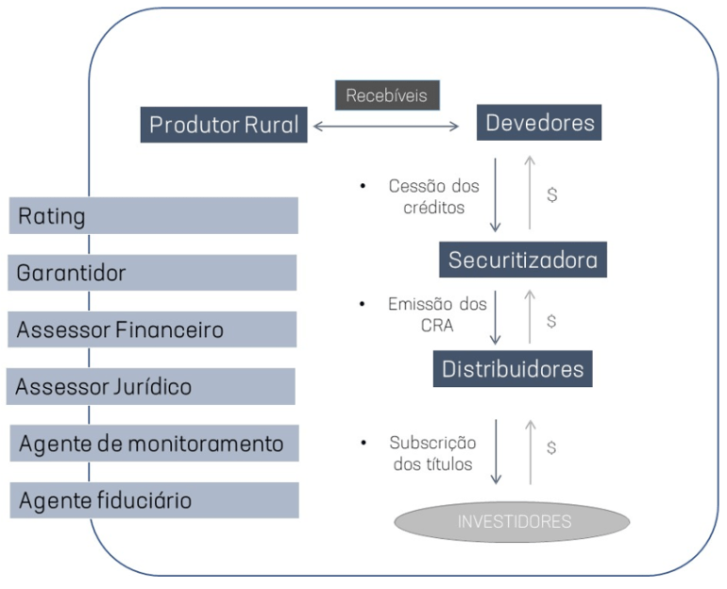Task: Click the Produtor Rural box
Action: tap(224, 124)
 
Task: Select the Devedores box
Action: tap(540, 123)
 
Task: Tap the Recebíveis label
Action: tap(387, 95)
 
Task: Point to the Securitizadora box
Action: tap(522, 260)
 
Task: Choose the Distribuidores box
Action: tap(514, 367)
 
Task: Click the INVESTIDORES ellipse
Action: tap(512, 521)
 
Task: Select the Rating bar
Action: tap(154, 216)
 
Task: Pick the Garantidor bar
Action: tap(154, 273)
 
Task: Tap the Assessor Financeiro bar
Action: tap(154, 329)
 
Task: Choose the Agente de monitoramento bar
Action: tap(154, 443)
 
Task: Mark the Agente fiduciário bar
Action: tap(154, 499)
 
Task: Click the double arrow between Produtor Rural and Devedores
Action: tap(385, 125)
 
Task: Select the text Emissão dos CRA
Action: tap(437, 314)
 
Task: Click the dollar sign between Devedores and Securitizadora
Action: tap(552, 194)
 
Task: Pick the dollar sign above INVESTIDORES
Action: tap(552, 447)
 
